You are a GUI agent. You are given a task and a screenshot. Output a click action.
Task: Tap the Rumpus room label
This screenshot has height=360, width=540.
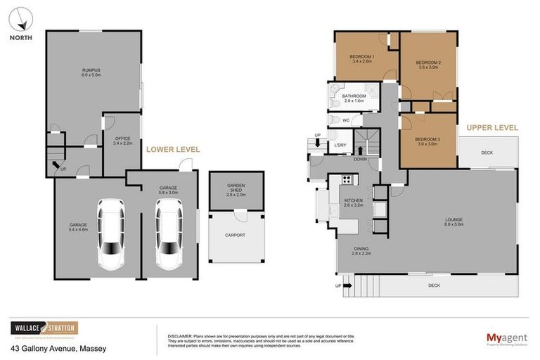pos(91,70)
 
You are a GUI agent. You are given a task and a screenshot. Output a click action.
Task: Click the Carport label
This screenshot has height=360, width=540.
pos(235,235)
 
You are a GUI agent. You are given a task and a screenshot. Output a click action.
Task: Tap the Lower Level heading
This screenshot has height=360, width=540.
pos(172,150)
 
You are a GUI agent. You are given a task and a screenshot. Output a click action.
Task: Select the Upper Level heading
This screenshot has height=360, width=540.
pos(491,128)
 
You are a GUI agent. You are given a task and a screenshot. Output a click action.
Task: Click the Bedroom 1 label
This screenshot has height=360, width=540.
pos(361,56)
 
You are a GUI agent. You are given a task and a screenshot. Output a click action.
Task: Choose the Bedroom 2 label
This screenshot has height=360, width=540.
pos(428,63)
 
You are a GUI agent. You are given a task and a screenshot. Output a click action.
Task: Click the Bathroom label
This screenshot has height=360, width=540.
pos(354,96)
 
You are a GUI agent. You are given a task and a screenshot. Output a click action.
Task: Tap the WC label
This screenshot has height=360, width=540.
pos(346,120)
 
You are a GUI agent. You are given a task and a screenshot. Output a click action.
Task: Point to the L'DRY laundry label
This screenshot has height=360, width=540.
pos(340,146)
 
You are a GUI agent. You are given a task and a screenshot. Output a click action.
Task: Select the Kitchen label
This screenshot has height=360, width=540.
pos(353,200)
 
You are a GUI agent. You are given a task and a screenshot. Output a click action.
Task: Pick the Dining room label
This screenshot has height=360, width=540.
pos(362,247)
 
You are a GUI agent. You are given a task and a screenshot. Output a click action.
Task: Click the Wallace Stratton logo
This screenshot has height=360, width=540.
pos(44,328)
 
